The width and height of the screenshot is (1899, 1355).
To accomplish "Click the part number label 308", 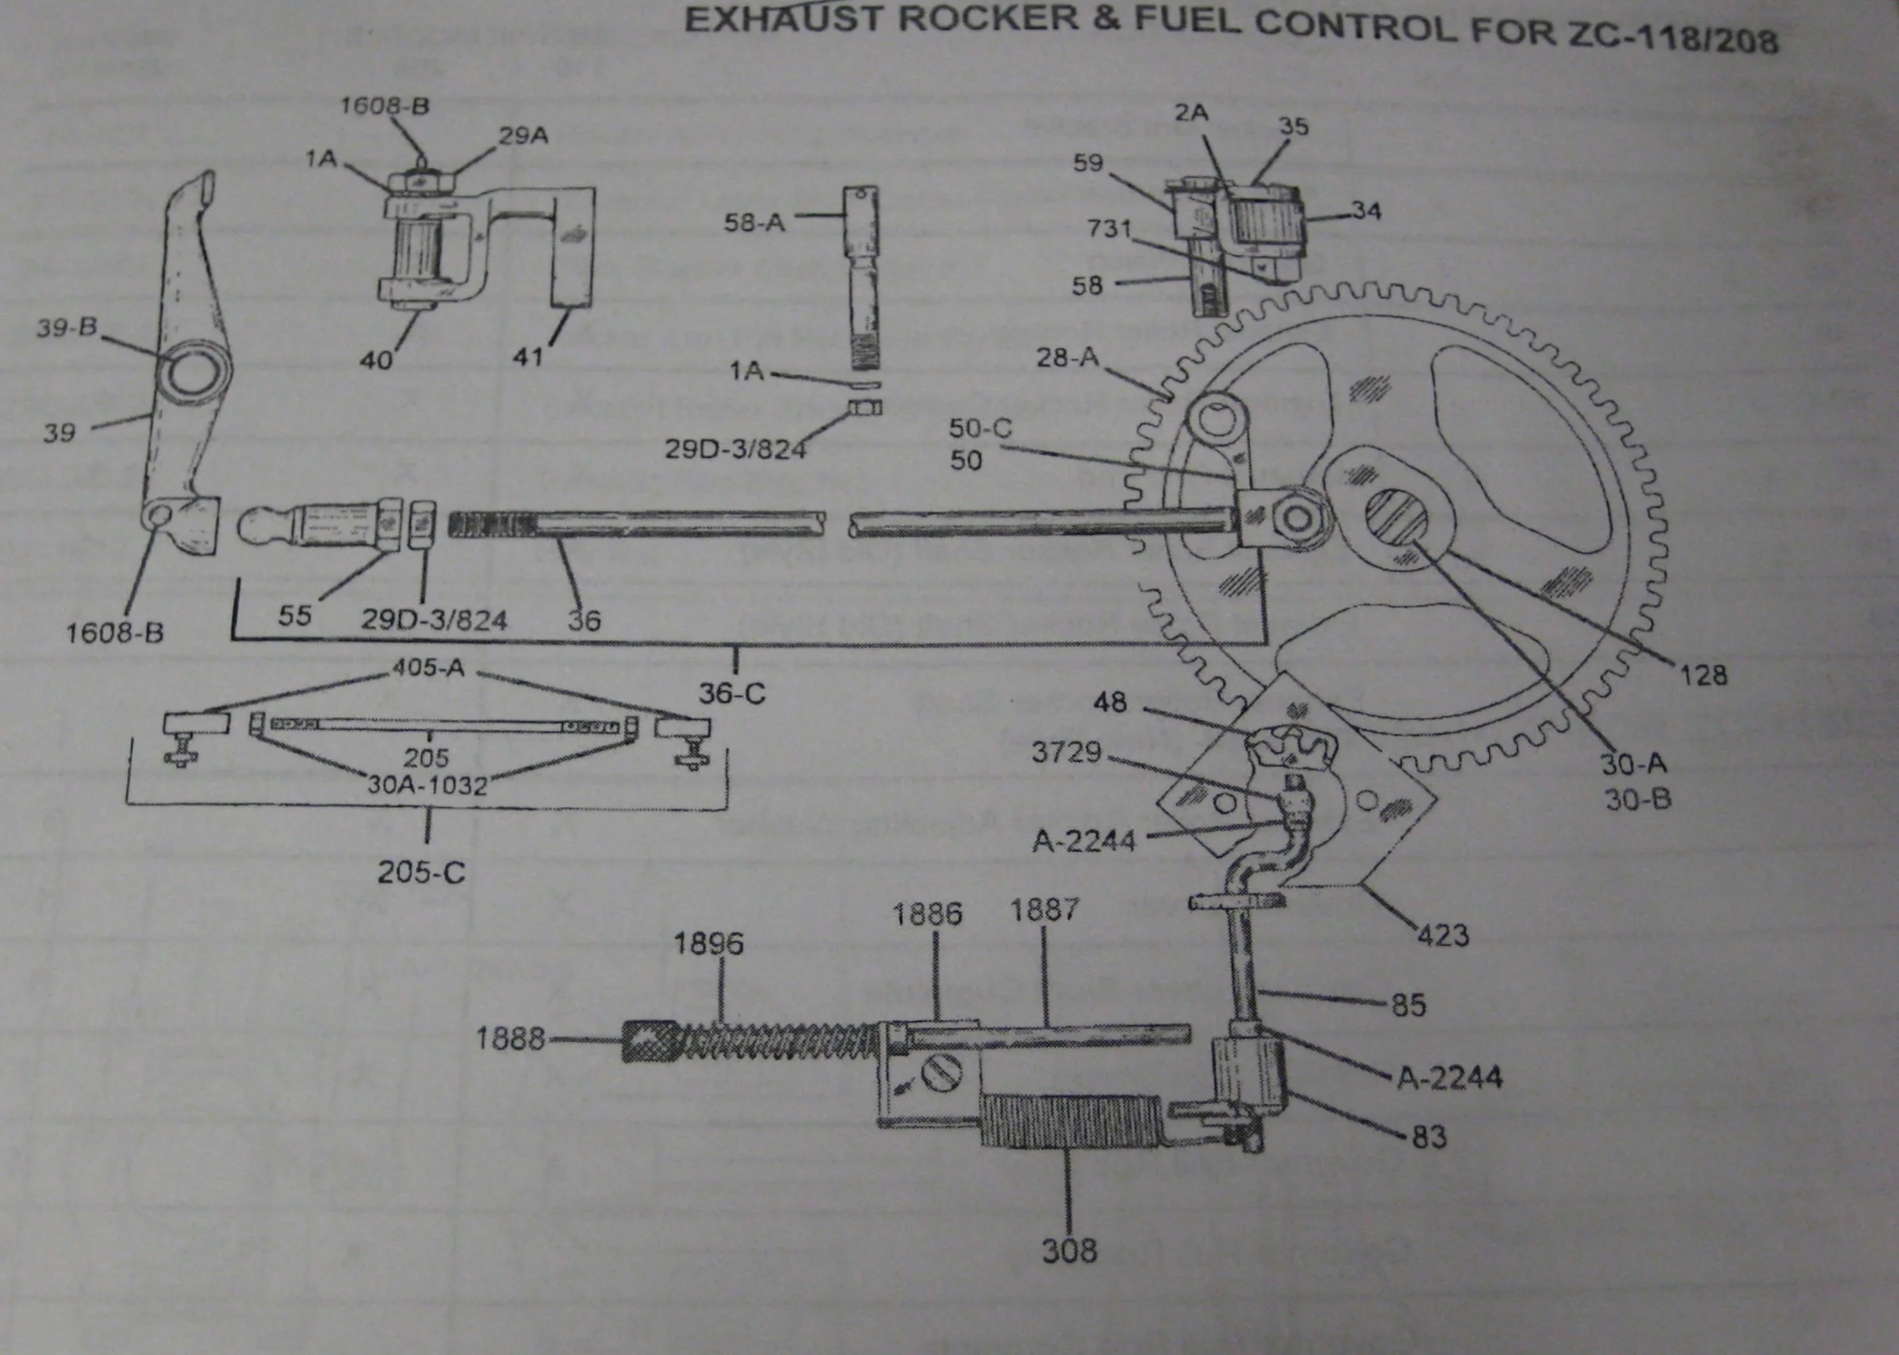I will pos(1069,1250).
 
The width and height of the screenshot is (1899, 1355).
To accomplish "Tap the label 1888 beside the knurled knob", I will pos(510,1039).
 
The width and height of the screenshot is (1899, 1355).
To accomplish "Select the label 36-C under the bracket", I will pos(732,692).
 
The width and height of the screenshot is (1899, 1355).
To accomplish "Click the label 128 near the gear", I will pos(1703,674).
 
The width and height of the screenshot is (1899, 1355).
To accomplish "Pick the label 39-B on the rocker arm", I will pos(66,328).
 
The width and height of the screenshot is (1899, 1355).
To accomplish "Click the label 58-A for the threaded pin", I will pos(754,223).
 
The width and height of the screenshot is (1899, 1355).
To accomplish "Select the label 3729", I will pos(1066,753).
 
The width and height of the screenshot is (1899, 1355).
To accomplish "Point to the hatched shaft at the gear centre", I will pos(1395,521).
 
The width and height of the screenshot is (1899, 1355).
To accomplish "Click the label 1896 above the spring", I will pos(707,943).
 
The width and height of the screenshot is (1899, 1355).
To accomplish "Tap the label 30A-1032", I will pos(427,784).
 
